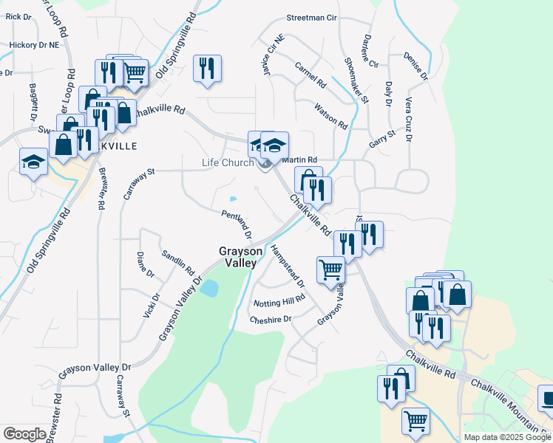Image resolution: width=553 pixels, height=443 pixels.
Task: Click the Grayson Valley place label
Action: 238,257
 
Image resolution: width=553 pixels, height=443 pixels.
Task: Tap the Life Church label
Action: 228,162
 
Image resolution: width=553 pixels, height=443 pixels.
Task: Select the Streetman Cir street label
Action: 311,16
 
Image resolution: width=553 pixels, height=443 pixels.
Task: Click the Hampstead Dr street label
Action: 288,266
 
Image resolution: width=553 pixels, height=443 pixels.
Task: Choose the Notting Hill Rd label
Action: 279,301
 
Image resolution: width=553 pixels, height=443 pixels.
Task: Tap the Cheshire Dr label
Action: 271,319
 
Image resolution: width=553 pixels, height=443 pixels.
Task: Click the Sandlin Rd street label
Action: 177,261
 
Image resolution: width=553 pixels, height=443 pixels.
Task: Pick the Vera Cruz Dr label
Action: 408,118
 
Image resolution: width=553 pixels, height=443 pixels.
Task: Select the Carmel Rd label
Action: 311,75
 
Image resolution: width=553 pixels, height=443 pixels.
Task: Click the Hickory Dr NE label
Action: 34,45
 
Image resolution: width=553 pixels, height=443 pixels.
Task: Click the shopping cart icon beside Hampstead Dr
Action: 330,269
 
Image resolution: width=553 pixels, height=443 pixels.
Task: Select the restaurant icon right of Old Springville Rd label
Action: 207,69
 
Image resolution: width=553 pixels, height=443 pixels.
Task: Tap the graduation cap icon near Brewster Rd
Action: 33,162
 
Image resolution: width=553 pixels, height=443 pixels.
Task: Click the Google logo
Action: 24,434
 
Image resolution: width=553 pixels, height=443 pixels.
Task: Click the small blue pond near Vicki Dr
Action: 209,288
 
